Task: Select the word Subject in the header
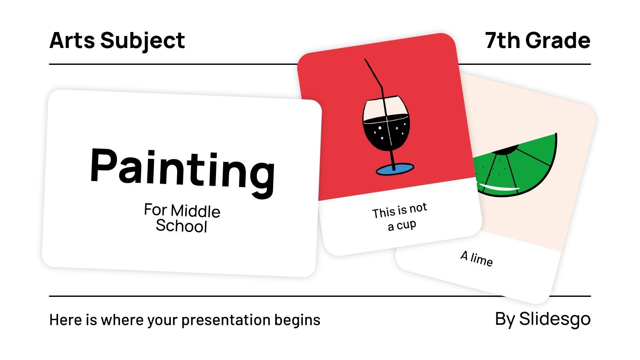click(x=142, y=41)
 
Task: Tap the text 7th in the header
click(x=502, y=40)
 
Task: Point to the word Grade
click(x=558, y=40)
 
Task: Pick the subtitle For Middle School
click(x=182, y=218)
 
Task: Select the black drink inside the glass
click(x=386, y=132)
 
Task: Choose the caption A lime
click(x=476, y=258)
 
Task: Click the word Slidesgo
click(x=555, y=319)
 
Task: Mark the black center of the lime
click(x=506, y=150)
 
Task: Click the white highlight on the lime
click(x=500, y=187)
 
